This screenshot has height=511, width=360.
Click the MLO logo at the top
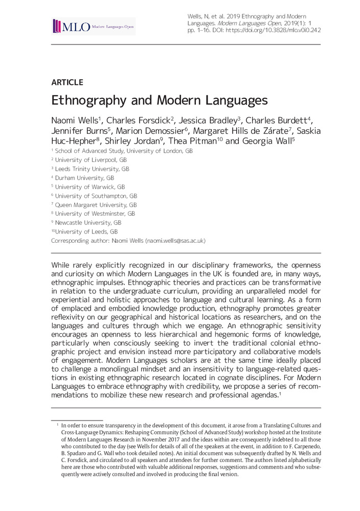[x=94, y=26]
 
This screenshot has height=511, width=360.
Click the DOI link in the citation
[x=273, y=30]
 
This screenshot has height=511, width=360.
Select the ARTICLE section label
[x=67, y=82]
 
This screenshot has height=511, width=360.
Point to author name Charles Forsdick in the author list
[x=139, y=120]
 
